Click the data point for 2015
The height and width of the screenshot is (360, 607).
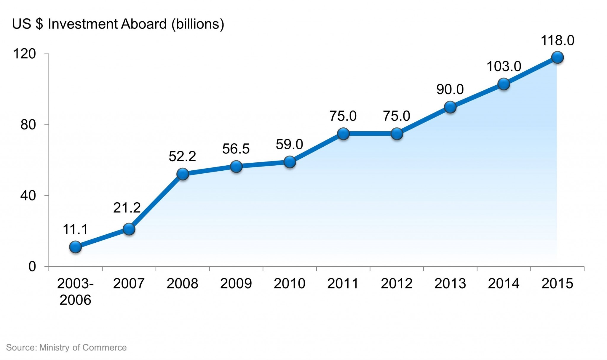point(557,57)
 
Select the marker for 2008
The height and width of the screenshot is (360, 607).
point(183,174)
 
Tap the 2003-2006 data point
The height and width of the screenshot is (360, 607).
point(76,247)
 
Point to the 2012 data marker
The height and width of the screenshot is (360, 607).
point(397,134)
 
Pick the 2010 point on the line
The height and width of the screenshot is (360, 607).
point(290,162)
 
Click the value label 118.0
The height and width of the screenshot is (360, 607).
point(558,41)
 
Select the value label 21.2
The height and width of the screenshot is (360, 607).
point(127,208)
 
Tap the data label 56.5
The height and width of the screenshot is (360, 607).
point(236,149)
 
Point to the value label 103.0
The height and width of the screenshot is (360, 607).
point(504,66)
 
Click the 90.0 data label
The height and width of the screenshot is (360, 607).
point(450,89)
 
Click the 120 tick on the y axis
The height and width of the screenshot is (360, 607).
point(25,54)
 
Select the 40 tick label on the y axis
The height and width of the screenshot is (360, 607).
point(28,196)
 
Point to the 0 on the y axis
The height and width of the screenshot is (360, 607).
point(32,267)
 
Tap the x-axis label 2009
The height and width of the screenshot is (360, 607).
point(236,284)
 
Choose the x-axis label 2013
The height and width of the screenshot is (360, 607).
point(450,284)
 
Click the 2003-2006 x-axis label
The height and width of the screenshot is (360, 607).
point(75,292)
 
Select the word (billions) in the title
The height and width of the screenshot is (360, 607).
point(198,24)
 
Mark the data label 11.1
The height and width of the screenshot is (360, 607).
point(76,230)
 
